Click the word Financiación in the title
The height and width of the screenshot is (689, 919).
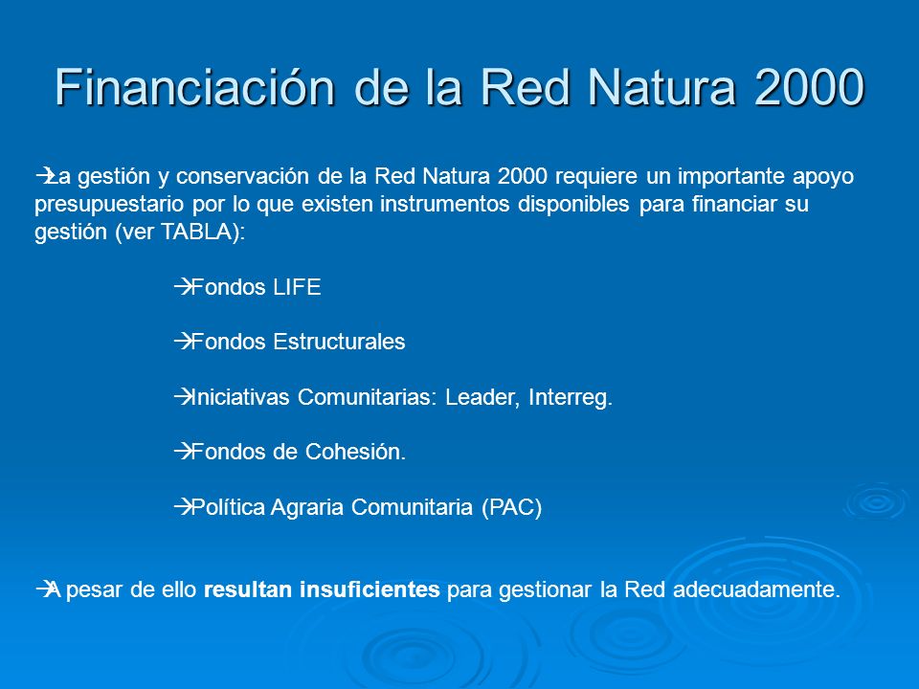coord(195,87)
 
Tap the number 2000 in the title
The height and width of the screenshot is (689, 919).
coord(810,87)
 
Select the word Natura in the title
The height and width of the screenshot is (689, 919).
coord(662,87)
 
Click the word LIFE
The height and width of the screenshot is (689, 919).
coord(297,287)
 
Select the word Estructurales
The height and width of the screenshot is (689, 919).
coord(339,342)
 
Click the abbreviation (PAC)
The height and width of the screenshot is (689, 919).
coord(511,507)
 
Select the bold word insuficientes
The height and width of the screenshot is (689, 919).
coord(370,589)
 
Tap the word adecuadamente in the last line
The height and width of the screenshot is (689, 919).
coord(756,589)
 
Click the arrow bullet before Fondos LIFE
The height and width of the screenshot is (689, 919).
coord(183,287)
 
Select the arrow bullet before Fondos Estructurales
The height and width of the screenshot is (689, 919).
coord(183,342)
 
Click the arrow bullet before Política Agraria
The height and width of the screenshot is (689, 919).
coord(183,507)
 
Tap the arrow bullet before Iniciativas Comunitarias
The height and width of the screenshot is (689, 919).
coord(183,397)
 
